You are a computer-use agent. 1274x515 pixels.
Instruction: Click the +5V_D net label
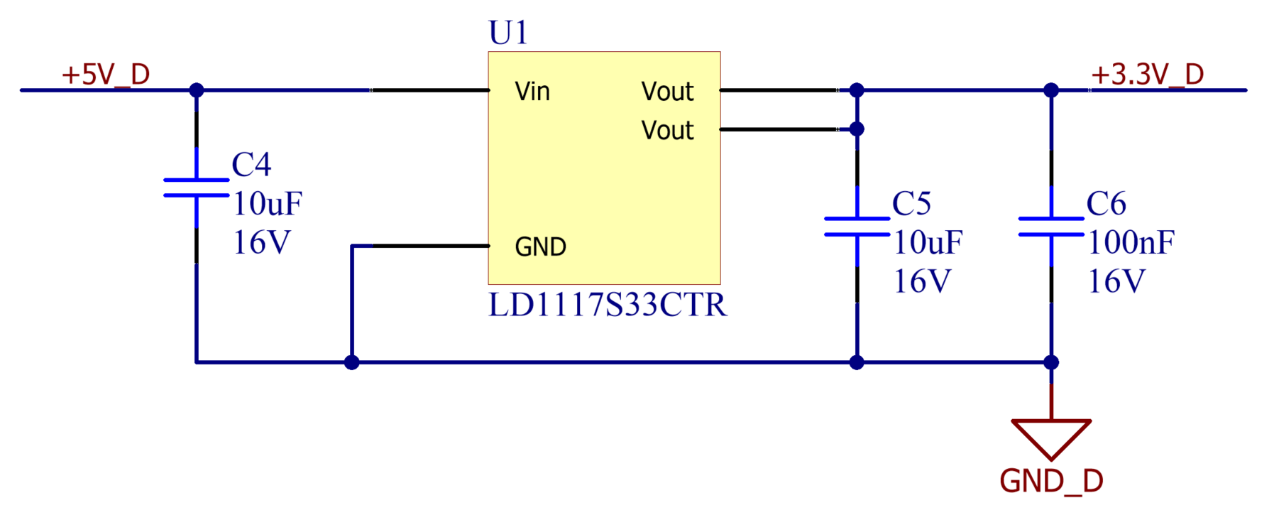[x=106, y=74]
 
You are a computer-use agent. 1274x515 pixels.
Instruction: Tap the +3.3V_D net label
[x=1147, y=74]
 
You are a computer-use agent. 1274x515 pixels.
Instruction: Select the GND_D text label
[x=1051, y=482]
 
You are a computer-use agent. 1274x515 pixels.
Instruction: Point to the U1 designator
[x=508, y=33]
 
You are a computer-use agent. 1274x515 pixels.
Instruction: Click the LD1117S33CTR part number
[x=608, y=305]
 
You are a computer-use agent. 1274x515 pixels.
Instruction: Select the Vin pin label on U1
[x=532, y=92]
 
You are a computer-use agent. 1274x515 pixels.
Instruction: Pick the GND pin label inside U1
[x=540, y=247]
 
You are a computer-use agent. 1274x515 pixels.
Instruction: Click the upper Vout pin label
[x=667, y=92]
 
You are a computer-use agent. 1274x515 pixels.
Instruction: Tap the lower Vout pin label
[x=667, y=131]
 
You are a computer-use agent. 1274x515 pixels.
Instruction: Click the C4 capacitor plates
[x=197, y=188]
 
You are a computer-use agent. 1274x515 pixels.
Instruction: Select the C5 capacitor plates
[x=857, y=227]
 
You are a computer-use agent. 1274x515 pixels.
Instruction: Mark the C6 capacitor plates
[x=1051, y=227]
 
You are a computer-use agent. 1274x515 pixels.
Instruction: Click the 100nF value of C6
[x=1131, y=243]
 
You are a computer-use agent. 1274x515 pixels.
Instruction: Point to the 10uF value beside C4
[x=268, y=205]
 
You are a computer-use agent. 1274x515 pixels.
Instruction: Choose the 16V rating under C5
[x=921, y=282]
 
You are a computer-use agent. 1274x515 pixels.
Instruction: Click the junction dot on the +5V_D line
[x=197, y=90]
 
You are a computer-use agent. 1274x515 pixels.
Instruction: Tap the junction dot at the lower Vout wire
[x=857, y=129]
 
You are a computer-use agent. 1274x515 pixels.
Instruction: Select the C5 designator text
[x=911, y=204]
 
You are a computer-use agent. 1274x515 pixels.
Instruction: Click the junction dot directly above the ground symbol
[x=1051, y=362]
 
